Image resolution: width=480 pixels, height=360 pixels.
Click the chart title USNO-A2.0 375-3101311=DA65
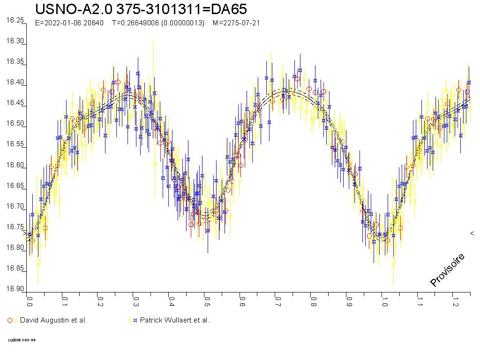tap(141, 9)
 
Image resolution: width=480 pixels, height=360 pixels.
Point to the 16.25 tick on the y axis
tap(15, 20)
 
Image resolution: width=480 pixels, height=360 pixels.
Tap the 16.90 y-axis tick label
tap(15, 289)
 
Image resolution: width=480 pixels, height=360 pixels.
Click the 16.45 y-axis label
tap(15, 103)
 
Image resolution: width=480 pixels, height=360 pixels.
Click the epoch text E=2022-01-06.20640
tap(69, 23)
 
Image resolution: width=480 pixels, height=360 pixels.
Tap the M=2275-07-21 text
tap(236, 23)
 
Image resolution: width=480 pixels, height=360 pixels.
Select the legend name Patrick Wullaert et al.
tap(175, 320)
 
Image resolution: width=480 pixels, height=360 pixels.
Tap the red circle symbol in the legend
tap(10, 320)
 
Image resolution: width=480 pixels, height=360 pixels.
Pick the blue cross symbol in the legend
tap(135, 320)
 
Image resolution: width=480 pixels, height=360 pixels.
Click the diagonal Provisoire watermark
tap(447, 270)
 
